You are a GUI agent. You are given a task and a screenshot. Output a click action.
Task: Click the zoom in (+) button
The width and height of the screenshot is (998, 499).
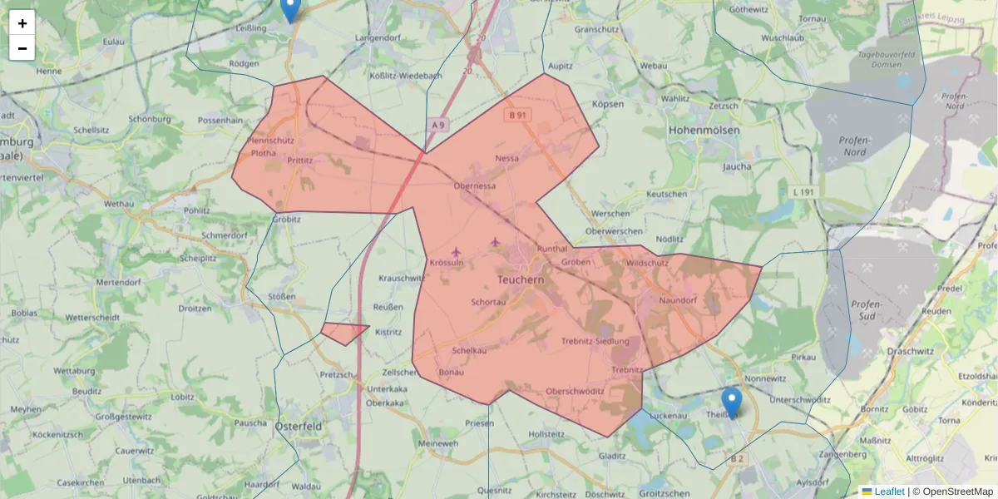pos(22,22)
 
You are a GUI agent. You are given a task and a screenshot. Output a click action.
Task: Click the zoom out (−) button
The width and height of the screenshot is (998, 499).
pos(22,48)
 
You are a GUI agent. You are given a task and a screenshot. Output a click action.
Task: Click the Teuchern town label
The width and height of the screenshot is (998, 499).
pos(520,281)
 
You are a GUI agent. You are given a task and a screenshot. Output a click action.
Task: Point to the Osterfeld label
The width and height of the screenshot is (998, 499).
pos(299,426)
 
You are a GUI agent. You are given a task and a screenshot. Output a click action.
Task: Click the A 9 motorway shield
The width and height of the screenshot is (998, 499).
pos(438,124)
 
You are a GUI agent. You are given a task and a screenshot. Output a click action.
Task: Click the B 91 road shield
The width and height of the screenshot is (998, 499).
pos(517,115)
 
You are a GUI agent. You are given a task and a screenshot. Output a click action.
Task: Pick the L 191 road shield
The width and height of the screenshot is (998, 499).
pos(803,192)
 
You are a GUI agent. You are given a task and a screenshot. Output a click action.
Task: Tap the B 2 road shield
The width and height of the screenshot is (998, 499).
pos(737,458)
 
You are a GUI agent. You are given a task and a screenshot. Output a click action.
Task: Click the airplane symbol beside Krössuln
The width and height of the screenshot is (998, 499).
pos(456,251)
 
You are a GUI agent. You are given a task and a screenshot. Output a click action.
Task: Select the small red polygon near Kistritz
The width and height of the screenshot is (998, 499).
pos(343,333)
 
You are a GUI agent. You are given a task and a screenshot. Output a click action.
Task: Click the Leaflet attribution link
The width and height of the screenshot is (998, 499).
pos(889,492)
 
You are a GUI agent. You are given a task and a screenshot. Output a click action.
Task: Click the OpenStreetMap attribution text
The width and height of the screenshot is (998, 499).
pos(952,492)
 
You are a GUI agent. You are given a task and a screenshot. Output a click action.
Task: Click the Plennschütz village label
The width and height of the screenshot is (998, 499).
pos(272,141)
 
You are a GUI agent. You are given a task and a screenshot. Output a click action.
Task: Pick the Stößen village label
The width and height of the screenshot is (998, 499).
pos(283,296)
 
